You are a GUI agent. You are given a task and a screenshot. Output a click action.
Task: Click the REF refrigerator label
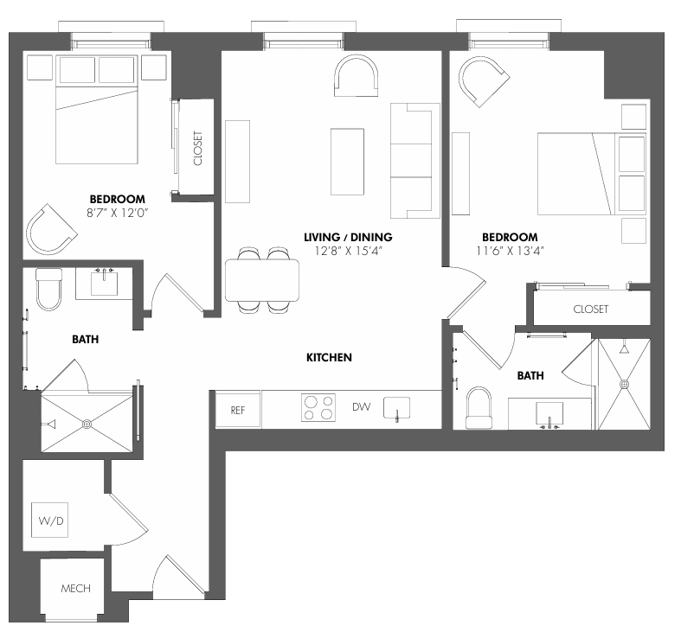[238, 410]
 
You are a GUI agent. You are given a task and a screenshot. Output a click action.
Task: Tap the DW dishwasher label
[362, 406]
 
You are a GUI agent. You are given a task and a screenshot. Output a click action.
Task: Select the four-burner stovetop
[318, 407]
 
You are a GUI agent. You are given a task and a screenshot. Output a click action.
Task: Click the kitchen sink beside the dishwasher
[396, 408]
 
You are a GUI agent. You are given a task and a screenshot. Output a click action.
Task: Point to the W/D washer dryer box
[49, 520]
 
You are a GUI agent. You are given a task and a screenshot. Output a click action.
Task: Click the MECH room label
[75, 589]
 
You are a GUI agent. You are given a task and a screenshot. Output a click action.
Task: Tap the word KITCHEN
[329, 357]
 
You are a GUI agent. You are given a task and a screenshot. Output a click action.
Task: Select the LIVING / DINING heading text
[348, 237]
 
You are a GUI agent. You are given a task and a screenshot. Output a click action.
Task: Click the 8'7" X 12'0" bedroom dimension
[118, 213]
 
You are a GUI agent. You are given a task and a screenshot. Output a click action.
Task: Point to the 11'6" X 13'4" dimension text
[510, 251]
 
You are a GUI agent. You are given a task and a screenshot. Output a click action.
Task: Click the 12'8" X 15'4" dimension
[349, 251]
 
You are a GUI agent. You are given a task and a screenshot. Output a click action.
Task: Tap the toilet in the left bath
[48, 289]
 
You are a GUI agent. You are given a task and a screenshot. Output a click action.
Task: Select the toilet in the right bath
[479, 408]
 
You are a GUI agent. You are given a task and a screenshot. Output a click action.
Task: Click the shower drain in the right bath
[624, 384]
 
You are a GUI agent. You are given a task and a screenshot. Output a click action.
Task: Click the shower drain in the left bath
[87, 424]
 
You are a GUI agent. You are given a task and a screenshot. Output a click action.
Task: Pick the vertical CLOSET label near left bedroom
[198, 148]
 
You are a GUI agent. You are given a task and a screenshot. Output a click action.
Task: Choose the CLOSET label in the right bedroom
[591, 309]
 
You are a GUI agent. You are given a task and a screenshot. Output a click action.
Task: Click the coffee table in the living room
[347, 162]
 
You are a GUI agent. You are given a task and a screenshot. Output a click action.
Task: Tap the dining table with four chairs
[262, 280]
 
